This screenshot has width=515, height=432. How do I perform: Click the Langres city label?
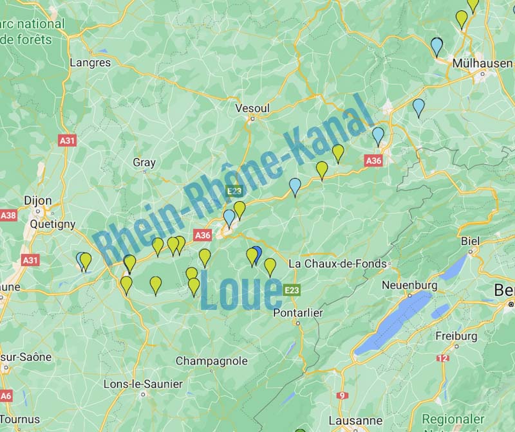[x=90, y=63]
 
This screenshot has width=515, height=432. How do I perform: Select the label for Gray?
[x=144, y=163]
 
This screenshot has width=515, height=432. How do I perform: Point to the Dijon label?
[x=37, y=201]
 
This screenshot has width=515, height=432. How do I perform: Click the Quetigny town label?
[x=52, y=224]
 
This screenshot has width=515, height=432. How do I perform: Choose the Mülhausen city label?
[x=482, y=63]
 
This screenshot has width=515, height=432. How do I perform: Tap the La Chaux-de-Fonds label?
[x=337, y=264]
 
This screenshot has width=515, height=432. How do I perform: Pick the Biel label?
[x=471, y=241]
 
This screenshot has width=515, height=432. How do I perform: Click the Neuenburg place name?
[x=409, y=285]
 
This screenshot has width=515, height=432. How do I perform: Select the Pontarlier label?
[x=298, y=312]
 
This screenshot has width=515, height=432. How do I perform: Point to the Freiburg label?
[x=456, y=336]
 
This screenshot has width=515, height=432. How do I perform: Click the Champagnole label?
[x=212, y=361]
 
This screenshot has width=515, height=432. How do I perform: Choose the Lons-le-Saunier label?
[x=143, y=384]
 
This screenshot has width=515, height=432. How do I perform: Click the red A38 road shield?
[x=8, y=215]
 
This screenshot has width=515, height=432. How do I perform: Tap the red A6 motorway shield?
[x=6, y=395]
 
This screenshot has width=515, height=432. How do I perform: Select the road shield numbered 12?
[x=442, y=358]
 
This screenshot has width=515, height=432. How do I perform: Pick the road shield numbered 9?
[x=342, y=395]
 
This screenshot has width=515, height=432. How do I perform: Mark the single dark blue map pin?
[x=256, y=254]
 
